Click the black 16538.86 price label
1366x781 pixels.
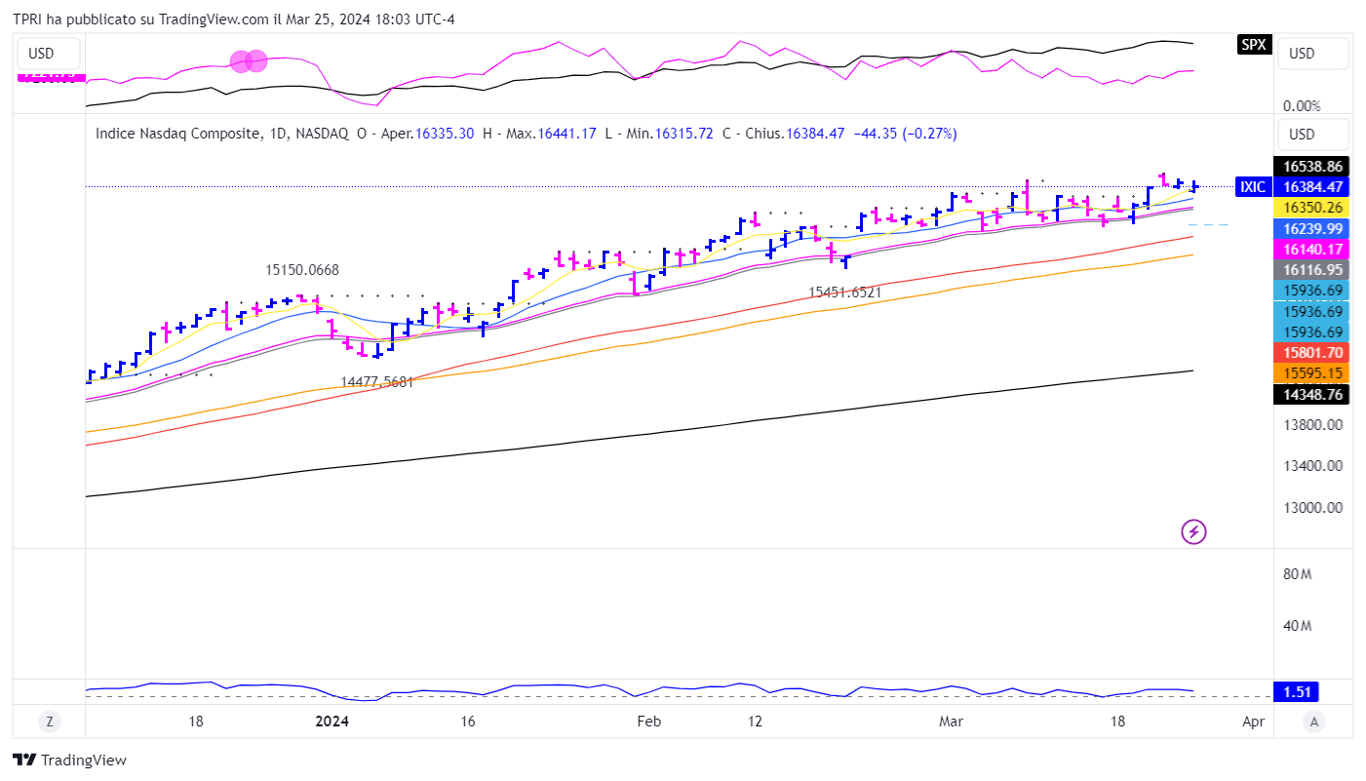click(x=1312, y=167)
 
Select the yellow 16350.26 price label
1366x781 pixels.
click(x=1312, y=208)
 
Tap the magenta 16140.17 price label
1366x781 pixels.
click(x=1312, y=249)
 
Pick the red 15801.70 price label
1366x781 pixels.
click(x=1312, y=352)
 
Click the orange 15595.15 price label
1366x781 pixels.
click(x=1312, y=373)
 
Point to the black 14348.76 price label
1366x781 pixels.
click(x=1312, y=394)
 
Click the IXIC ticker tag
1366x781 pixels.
click(x=1252, y=187)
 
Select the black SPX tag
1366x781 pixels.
click(x=1254, y=44)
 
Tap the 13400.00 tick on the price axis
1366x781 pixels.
click(x=1312, y=466)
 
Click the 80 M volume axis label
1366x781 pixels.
click(x=1297, y=574)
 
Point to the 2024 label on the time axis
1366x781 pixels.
click(x=332, y=722)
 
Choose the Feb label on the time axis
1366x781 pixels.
click(x=648, y=722)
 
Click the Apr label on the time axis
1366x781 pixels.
click(x=1254, y=722)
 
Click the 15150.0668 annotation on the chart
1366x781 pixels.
click(x=302, y=270)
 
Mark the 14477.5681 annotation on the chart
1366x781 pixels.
click(x=377, y=382)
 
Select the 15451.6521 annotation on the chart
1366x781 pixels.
click(x=844, y=292)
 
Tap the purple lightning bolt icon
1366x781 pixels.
click(x=1194, y=531)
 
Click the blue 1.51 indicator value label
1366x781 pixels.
click(x=1297, y=692)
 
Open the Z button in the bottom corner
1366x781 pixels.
click(x=49, y=722)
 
